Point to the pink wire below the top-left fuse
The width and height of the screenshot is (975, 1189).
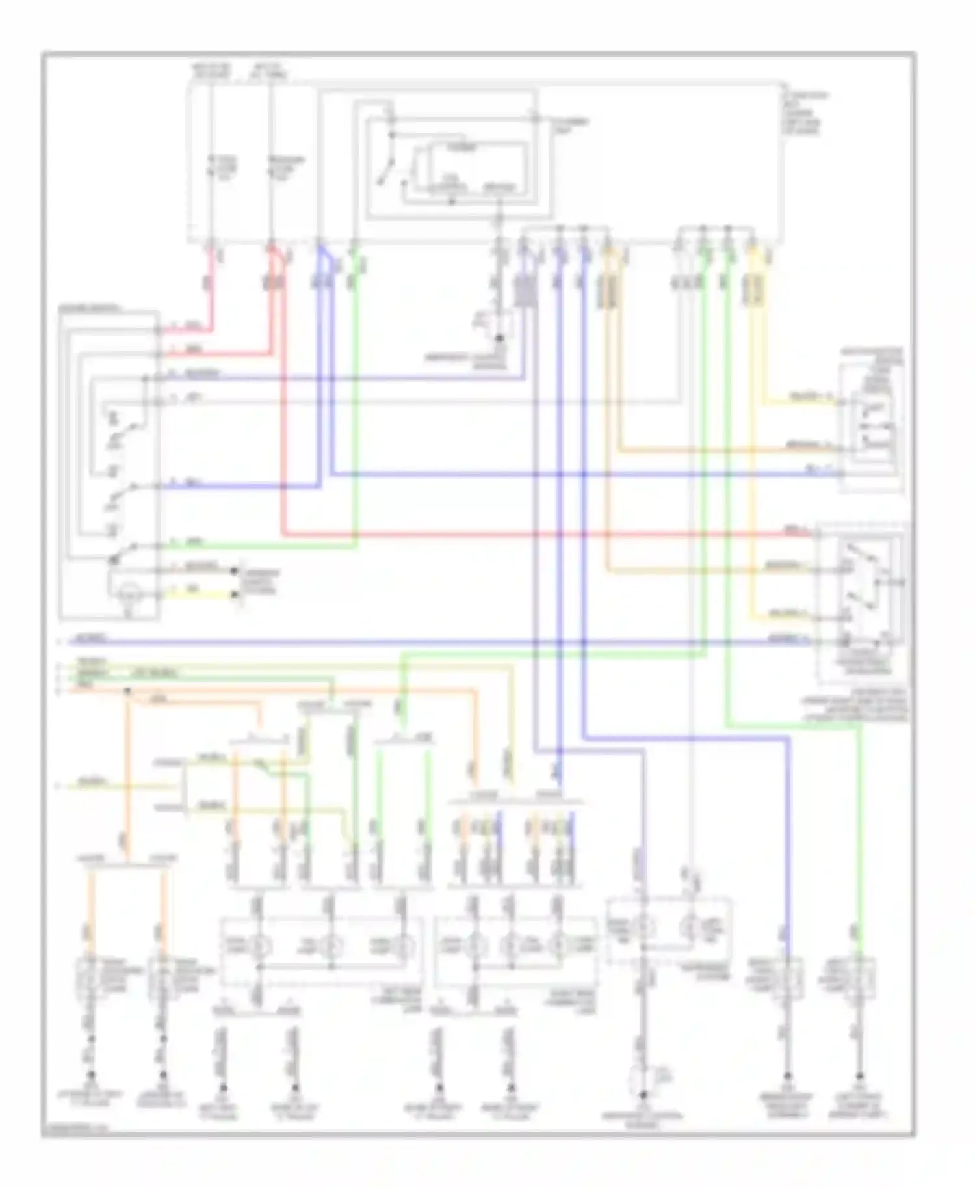point(210,293)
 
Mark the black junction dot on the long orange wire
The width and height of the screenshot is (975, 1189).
point(127,692)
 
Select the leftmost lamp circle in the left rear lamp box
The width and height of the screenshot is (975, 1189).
point(259,946)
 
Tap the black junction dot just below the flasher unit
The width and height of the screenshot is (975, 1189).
point(499,339)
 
